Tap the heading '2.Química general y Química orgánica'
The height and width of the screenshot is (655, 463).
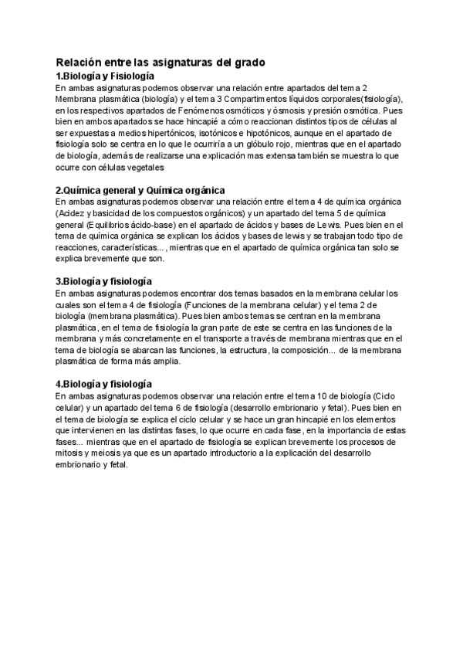[140, 190]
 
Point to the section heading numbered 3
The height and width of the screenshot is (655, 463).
[103, 281]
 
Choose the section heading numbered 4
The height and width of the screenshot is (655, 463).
[103, 384]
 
